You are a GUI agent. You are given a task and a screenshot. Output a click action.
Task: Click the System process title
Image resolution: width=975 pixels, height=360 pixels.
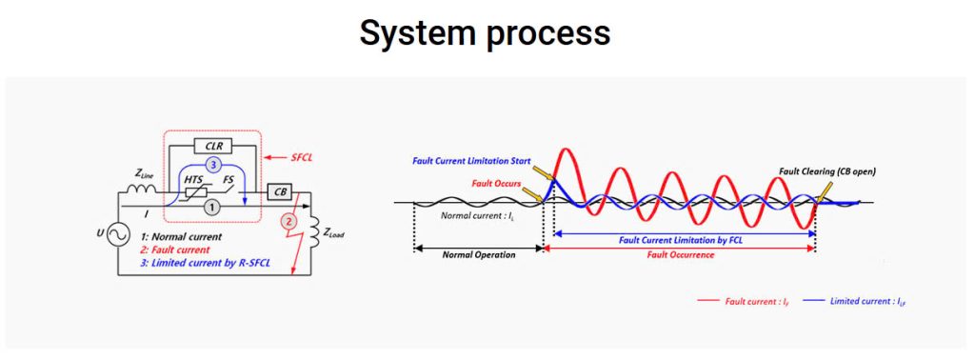[x=485, y=32]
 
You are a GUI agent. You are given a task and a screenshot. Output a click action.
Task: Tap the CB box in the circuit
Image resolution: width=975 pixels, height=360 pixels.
[x=280, y=192]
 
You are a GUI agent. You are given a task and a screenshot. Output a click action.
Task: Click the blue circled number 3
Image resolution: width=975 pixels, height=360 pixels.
[x=213, y=166]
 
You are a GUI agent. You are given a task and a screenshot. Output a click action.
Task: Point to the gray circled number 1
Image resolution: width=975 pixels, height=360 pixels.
[x=213, y=209]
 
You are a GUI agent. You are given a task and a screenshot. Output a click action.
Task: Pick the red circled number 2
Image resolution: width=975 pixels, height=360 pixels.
[x=288, y=220]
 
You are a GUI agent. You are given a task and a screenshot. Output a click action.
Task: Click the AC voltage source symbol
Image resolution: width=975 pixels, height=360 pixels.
[x=117, y=235]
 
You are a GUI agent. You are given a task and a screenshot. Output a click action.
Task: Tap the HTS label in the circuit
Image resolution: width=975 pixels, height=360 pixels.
[x=194, y=180]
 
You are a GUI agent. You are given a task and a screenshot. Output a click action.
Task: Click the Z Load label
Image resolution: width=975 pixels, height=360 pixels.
[x=333, y=233]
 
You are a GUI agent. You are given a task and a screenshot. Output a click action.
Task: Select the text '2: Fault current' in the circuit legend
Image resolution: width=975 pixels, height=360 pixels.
[x=175, y=250]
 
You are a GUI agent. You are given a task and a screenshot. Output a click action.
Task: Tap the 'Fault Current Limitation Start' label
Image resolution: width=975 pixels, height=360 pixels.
[x=471, y=161]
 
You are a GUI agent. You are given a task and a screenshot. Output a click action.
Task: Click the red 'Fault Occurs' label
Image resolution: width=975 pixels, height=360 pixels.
[x=496, y=184]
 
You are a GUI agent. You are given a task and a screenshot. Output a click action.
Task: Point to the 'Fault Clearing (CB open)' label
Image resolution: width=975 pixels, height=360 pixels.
[x=826, y=171]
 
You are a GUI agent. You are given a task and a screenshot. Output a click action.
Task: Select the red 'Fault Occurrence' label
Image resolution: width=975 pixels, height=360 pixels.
[x=680, y=255]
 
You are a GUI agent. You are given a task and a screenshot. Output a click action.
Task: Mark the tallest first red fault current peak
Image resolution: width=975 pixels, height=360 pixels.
[x=563, y=150]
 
